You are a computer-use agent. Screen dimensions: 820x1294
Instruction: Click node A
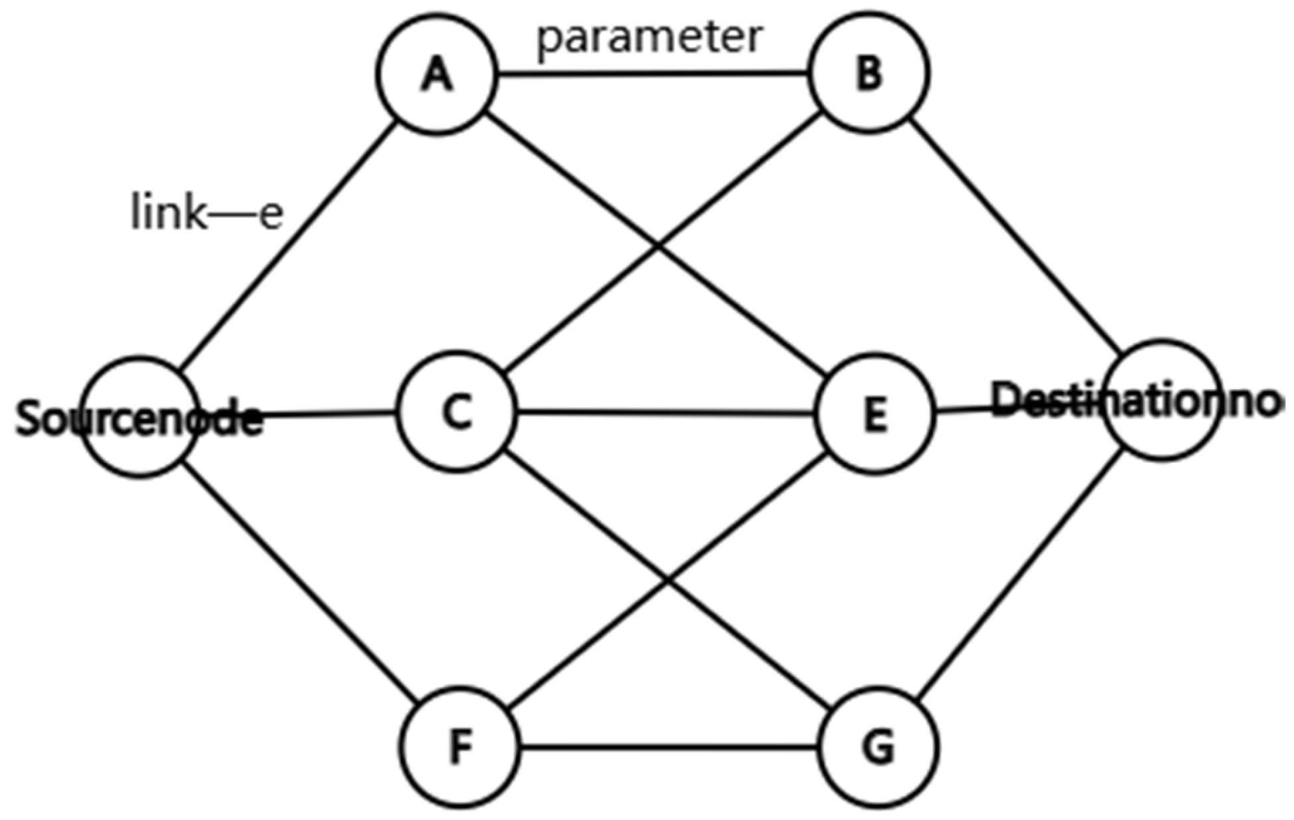pos(437,74)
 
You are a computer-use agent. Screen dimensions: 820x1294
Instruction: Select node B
pos(868,72)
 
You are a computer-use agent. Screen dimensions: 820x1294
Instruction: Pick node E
pos(875,414)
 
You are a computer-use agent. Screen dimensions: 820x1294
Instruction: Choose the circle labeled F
pos(460,747)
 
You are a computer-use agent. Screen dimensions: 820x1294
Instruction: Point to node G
pos(878,747)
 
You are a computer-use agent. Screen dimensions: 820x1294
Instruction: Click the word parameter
pos(650,38)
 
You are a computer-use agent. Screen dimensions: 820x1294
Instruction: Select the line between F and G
pos(668,748)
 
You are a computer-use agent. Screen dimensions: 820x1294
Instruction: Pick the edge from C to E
pos(665,413)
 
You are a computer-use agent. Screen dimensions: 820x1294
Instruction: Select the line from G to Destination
pos(1021,575)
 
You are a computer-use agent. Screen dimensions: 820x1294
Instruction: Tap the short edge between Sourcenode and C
pos(329,414)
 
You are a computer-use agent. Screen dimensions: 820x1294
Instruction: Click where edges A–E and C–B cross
pos(658,247)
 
